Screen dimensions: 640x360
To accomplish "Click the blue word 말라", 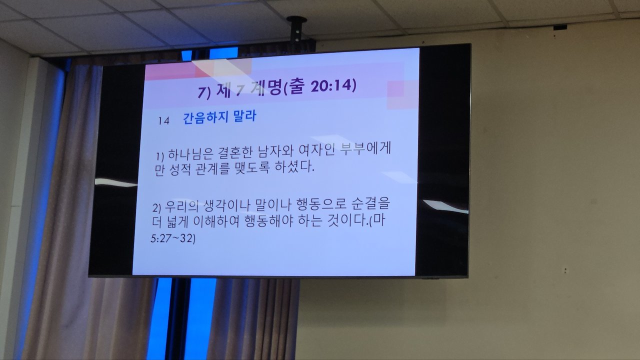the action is click(244, 116).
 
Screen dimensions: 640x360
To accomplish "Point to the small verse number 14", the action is click(163, 121).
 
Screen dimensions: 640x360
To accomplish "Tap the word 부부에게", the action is click(366, 149).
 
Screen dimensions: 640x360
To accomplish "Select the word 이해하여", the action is click(216, 221).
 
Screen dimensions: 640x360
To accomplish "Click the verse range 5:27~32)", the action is click(173, 238).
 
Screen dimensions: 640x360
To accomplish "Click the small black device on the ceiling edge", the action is click(560, 27).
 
